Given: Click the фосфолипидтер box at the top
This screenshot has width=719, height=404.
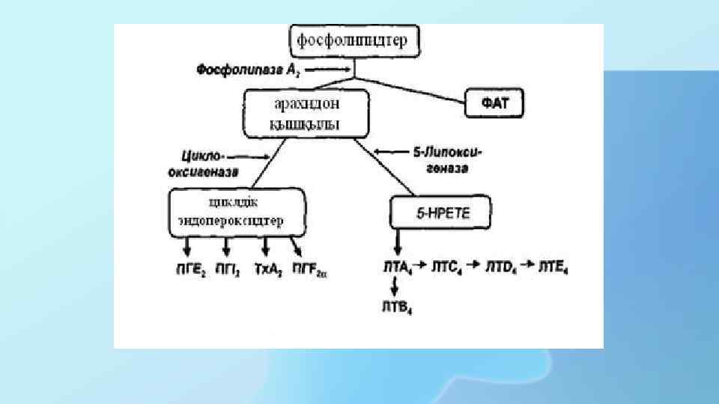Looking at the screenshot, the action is point(354,40).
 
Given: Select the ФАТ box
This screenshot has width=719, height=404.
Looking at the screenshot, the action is point(497,102).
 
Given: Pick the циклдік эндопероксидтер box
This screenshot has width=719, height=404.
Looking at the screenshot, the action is point(237,212).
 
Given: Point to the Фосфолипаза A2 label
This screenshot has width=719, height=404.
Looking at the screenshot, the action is point(241,70).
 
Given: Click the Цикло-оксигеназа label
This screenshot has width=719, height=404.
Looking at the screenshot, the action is point(209,164).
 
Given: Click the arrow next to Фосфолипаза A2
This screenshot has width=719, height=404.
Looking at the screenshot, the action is point(330,69).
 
